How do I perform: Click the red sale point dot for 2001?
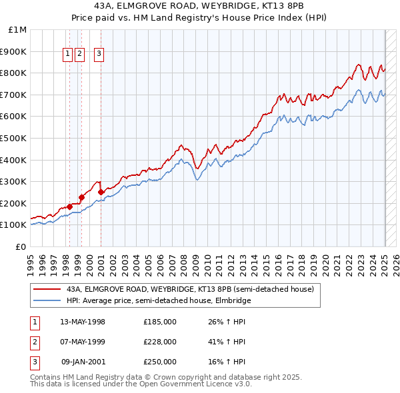tap(101, 193)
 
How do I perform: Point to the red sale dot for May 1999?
tap(81, 197)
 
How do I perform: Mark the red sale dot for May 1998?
tap(69, 206)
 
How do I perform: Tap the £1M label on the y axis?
tap(18, 30)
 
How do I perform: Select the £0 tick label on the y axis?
tap(21, 246)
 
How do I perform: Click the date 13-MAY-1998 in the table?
tap(83, 322)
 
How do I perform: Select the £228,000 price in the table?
tap(160, 342)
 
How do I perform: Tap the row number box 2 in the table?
tap(34, 342)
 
